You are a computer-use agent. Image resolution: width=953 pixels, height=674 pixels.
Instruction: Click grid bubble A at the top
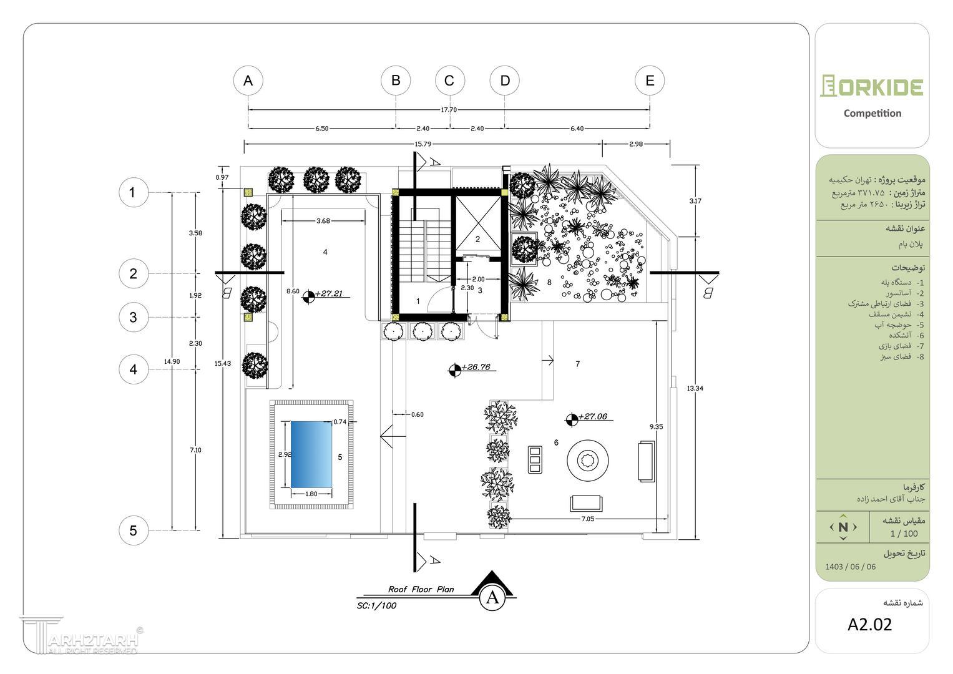pyautogui.click(x=248, y=81)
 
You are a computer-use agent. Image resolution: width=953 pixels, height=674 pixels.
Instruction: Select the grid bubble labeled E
pyautogui.click(x=650, y=81)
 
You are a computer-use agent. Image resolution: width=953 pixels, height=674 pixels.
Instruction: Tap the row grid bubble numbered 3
pyautogui.click(x=133, y=317)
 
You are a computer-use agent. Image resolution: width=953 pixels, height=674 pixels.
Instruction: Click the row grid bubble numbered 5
pyautogui.click(x=133, y=531)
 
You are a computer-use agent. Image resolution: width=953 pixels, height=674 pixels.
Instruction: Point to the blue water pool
pyautogui.click(x=311, y=455)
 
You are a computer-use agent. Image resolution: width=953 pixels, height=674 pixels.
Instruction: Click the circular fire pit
pyautogui.click(x=587, y=462)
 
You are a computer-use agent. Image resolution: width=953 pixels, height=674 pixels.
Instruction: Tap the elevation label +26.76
pyautogui.click(x=478, y=367)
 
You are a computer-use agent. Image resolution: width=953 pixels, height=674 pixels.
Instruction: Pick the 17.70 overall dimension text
pyautogui.click(x=449, y=110)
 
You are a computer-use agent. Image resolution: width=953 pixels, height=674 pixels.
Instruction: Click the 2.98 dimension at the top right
pyautogui.click(x=636, y=144)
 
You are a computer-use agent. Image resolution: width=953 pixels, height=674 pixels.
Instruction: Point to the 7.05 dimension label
pyautogui.click(x=588, y=519)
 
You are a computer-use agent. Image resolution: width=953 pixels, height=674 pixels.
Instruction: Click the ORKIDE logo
pyautogui.click(x=872, y=86)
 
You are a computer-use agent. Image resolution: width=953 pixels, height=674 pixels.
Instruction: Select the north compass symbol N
pyautogui.click(x=843, y=527)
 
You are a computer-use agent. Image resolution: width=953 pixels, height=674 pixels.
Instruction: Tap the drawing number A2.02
pyautogui.click(x=870, y=624)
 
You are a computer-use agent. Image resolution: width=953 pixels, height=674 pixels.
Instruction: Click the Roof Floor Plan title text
pyautogui.click(x=421, y=589)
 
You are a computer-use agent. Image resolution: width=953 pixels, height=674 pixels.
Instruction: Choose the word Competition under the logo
pyautogui.click(x=872, y=114)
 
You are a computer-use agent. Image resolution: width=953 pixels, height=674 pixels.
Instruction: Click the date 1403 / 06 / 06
pyautogui.click(x=851, y=567)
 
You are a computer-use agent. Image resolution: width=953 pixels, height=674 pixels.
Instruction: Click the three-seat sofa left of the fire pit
pyautogui.click(x=535, y=461)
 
